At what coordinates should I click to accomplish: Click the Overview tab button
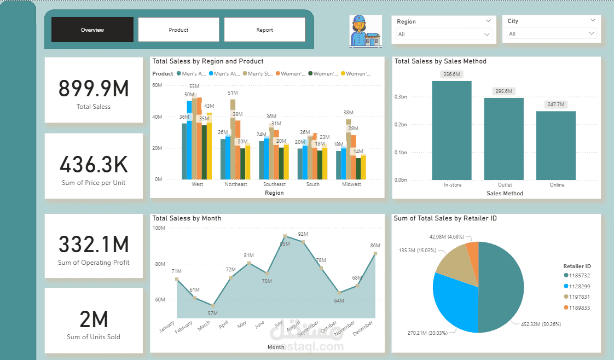(92, 30)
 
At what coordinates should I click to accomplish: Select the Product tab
(178, 30)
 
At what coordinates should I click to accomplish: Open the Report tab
(265, 30)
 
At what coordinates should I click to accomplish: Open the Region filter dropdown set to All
(444, 34)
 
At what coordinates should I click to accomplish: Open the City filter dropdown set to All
(552, 33)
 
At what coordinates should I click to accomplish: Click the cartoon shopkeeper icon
(366, 31)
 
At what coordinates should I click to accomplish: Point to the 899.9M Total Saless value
(94, 89)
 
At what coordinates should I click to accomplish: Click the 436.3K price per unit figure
(94, 165)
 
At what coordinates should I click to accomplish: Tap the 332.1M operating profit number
(94, 244)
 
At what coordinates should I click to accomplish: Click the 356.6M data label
(451, 74)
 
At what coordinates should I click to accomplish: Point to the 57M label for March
(212, 313)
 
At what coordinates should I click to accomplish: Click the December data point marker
(375, 253)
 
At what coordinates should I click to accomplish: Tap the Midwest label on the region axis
(351, 184)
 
